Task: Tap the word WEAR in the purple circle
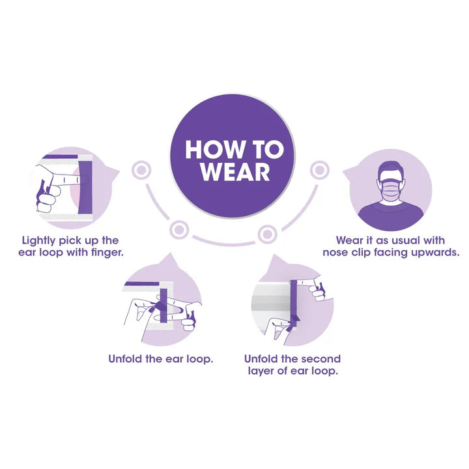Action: [235, 172]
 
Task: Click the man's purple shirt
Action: [391, 215]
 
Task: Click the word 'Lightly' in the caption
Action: [39, 241]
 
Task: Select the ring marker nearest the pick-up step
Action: [141, 170]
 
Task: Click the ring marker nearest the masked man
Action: [320, 170]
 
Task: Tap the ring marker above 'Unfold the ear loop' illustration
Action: [179, 230]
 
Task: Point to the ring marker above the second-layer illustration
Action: [268, 234]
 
